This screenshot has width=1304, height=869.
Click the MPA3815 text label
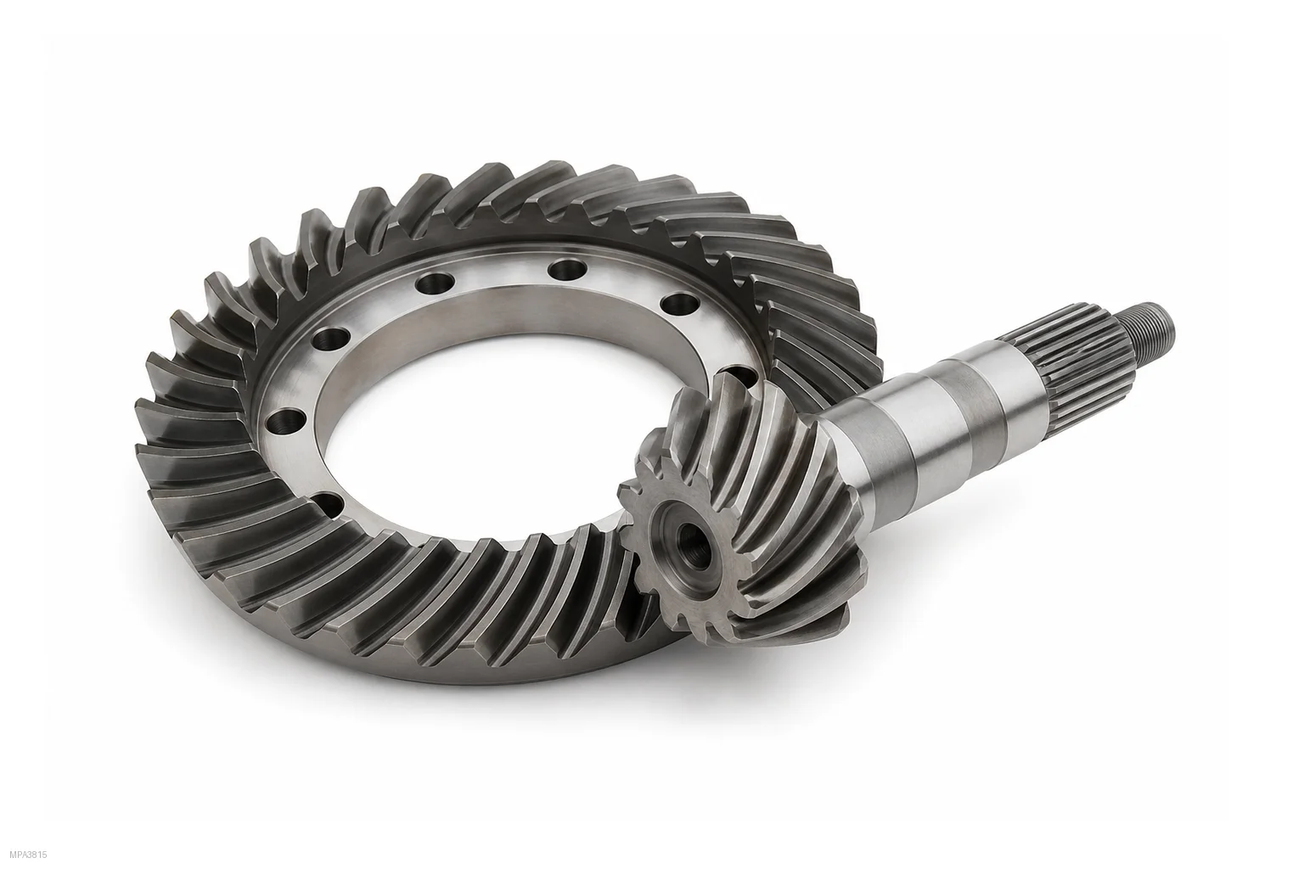coord(29,855)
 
